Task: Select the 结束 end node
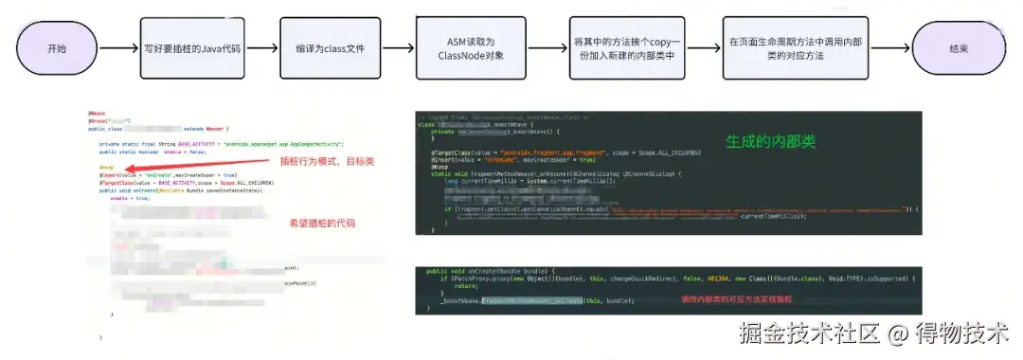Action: point(956,47)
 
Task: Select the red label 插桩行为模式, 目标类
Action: point(320,162)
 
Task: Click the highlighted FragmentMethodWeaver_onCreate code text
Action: point(544,299)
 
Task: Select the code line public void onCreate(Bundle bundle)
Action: point(493,271)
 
